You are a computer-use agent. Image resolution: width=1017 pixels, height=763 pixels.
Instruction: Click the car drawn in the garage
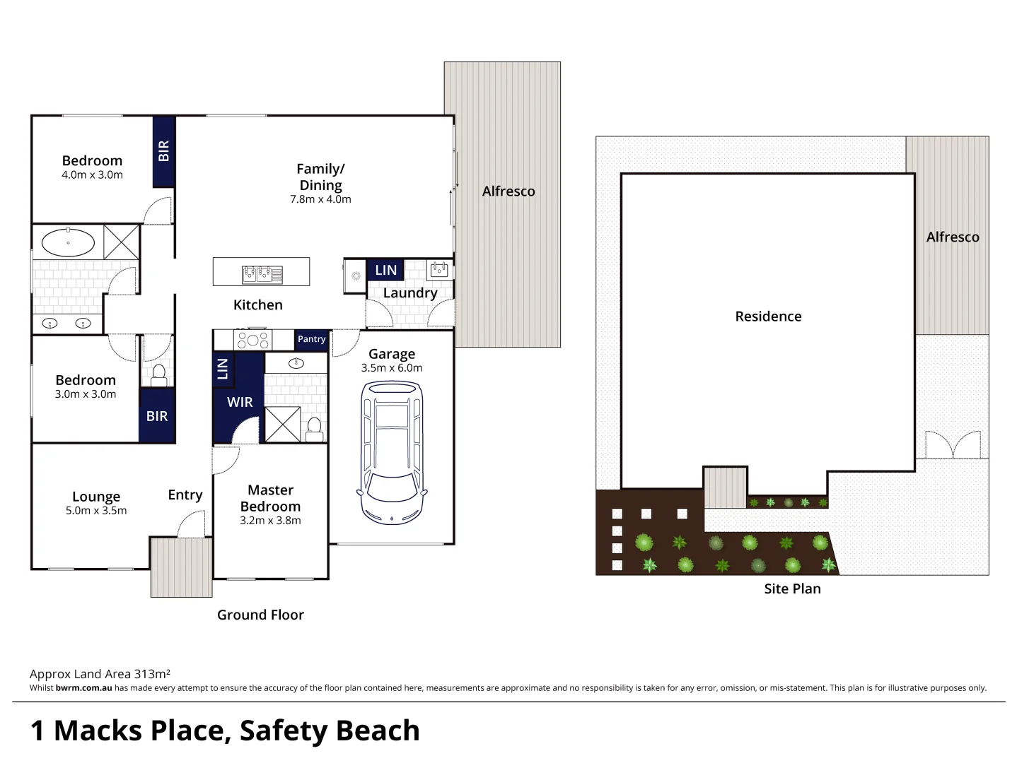pyautogui.click(x=392, y=452)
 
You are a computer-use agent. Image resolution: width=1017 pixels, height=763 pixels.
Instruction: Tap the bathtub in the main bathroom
pyautogui.click(x=68, y=242)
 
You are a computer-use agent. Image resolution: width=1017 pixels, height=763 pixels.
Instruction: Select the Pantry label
pyautogui.click(x=311, y=339)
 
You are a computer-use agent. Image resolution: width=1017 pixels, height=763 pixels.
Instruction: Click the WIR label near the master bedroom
pyautogui.click(x=240, y=402)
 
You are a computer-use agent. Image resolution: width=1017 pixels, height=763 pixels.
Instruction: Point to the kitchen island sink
pyautogui.click(x=262, y=273)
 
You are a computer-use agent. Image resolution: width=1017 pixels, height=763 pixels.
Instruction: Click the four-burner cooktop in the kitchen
pyautogui.click(x=252, y=340)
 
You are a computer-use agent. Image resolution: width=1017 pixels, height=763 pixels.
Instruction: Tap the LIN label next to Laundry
pyautogui.click(x=385, y=270)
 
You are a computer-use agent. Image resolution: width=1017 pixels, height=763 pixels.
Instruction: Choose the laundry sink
pyautogui.click(x=439, y=269)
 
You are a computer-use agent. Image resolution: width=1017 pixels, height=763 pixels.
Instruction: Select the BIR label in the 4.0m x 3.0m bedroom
pyautogui.click(x=164, y=150)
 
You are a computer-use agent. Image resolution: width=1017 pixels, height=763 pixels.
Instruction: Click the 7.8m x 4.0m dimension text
pyautogui.click(x=320, y=199)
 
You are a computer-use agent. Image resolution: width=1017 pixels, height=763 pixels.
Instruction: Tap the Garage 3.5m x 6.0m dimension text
pyautogui.click(x=392, y=368)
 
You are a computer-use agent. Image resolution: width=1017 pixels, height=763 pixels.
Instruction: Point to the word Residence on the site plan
pyautogui.click(x=768, y=317)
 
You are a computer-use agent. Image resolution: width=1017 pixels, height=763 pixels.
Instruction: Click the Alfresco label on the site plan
pyautogui.click(x=952, y=237)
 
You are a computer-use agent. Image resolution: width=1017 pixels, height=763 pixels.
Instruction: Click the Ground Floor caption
pyautogui.click(x=260, y=615)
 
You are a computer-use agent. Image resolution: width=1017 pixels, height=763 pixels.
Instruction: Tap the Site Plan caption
pyautogui.click(x=792, y=588)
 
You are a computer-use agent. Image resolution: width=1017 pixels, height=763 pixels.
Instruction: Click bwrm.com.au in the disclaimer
pyautogui.click(x=83, y=688)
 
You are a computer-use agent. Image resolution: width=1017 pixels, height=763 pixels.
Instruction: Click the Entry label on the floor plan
pyautogui.click(x=185, y=495)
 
